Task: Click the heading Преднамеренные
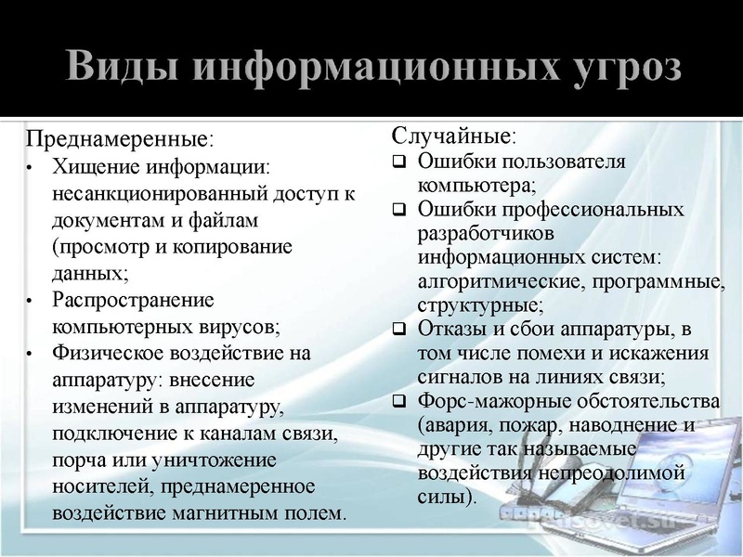(117, 140)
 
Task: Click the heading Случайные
(451, 136)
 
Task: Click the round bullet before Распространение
(31, 302)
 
